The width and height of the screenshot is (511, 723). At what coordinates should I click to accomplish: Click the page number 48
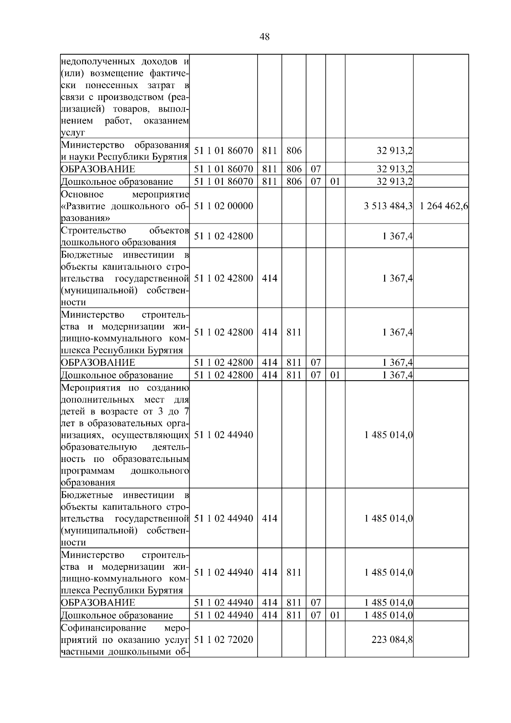[x=264, y=37]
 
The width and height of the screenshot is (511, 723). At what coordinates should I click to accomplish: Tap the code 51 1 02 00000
[x=224, y=206]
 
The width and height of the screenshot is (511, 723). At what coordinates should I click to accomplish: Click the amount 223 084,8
[x=392, y=640]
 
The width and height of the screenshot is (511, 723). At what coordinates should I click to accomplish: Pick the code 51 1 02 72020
[x=224, y=640]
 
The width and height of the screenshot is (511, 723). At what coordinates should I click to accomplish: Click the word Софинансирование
[x=103, y=628]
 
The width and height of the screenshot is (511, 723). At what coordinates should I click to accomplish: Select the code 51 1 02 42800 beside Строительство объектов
[x=224, y=236]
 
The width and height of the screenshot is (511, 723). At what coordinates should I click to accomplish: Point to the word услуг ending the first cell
[x=73, y=133]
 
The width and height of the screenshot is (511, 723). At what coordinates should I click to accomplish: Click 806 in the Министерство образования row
[x=294, y=150]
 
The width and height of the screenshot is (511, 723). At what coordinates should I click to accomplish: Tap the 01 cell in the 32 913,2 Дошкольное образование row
[x=335, y=182]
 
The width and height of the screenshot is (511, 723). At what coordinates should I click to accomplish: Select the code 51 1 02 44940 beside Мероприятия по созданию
[x=224, y=435]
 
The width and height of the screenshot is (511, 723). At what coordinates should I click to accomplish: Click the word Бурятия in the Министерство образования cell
[x=172, y=157]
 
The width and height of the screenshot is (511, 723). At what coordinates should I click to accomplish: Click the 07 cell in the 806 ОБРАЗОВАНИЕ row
[x=316, y=169]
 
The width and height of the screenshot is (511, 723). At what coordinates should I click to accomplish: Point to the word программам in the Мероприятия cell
[x=88, y=471]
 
